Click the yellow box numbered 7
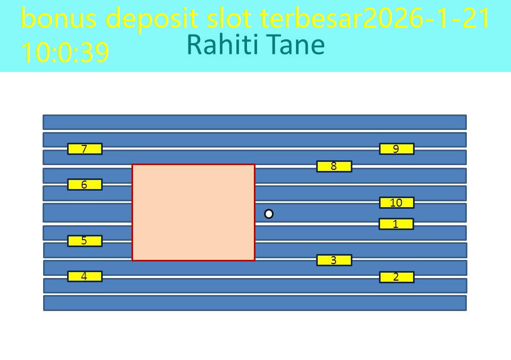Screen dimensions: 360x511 coord(85,149)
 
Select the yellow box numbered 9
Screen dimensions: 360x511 coord(397,149)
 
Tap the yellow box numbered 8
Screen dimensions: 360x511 coord(334,166)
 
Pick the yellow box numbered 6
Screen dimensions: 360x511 coord(85,185)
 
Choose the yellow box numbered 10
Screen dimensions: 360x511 coord(397,202)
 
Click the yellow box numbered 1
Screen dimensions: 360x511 coord(396,224)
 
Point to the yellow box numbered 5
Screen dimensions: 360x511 coord(85,241)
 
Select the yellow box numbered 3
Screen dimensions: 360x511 coord(334,260)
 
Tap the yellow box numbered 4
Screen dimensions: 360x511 coord(85,276)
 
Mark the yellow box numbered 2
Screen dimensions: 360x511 coord(397,277)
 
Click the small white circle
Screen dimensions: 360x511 coord(269,214)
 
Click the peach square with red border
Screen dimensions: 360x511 coord(193,212)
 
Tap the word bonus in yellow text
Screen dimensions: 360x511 coord(59,19)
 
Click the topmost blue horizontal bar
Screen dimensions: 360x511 coord(254,122)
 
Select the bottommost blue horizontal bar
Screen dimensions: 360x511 coord(254,302)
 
